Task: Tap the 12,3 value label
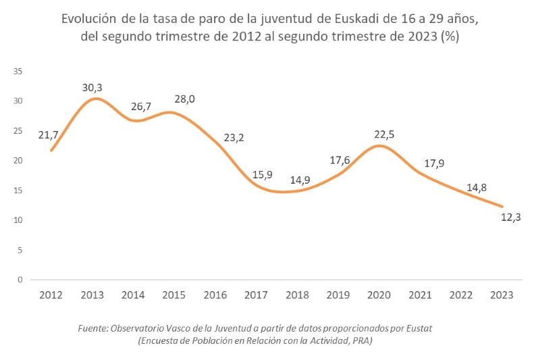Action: point(511,217)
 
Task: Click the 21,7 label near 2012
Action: point(49,135)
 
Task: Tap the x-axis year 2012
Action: point(51,294)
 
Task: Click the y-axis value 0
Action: point(20,280)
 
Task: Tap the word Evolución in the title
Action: point(90,19)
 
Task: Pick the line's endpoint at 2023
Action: point(503,206)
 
